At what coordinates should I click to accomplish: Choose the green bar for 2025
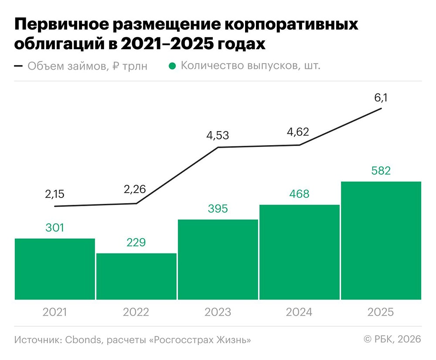381,241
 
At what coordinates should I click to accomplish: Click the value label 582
381,170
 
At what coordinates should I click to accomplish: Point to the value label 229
136,243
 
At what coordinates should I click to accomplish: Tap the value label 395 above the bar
218,209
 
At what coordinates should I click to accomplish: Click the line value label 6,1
381,98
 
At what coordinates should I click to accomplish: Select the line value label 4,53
218,136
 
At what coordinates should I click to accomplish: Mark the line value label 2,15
54,194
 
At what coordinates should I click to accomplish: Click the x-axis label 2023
218,312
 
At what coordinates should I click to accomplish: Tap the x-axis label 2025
381,312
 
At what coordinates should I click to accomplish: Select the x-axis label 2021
54,312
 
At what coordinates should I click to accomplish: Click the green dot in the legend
172,66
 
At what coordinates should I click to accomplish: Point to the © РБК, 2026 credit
392,340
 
